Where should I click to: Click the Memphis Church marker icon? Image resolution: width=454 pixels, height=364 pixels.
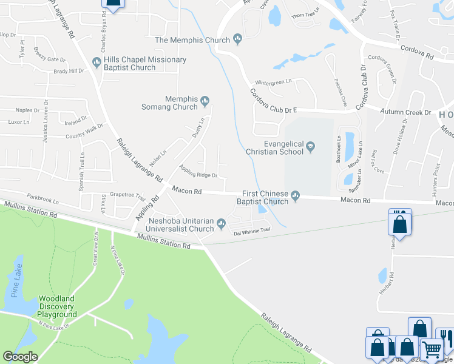click(x=237, y=40)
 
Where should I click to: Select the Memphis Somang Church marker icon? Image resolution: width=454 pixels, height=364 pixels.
click(x=206, y=100)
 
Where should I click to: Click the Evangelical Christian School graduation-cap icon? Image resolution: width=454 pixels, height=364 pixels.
click(x=311, y=146)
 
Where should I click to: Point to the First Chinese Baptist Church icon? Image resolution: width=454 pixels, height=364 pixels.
click(x=296, y=195)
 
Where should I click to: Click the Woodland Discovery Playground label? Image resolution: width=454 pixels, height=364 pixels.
click(x=58, y=306)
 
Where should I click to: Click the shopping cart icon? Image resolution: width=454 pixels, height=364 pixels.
click(x=432, y=350)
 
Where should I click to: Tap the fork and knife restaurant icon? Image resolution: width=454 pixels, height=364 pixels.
click(x=446, y=336)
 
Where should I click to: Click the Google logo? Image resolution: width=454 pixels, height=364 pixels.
click(x=20, y=357)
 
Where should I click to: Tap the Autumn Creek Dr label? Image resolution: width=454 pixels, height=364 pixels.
click(x=405, y=112)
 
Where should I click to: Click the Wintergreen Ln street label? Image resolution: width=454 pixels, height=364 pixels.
click(x=273, y=81)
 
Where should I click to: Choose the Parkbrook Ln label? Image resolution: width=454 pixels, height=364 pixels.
click(x=43, y=198)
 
